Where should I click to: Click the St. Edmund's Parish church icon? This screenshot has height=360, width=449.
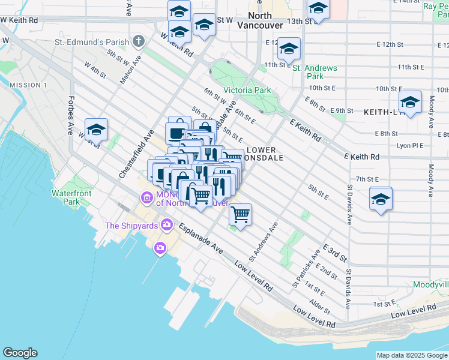click(139, 41)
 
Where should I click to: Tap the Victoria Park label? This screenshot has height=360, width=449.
click(247, 90)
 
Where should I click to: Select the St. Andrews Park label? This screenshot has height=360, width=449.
click(315, 72)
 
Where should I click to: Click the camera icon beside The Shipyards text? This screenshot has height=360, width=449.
click(160, 247)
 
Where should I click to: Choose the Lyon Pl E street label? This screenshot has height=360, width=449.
click(409, 146)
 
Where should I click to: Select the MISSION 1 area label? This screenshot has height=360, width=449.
click(28, 85)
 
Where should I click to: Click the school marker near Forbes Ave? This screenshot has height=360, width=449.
click(95, 129)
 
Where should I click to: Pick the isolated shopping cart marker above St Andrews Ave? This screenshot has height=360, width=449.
click(240, 214)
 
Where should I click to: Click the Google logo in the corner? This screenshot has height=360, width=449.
click(20, 353)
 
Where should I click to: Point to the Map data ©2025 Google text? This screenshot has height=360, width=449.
click(412, 355)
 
